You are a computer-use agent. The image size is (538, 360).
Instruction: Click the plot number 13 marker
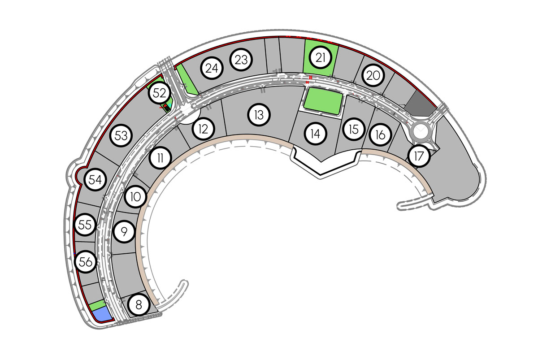point(259,115)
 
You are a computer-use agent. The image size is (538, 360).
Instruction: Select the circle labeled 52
point(160,93)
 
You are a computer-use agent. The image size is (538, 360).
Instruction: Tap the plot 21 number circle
point(321,58)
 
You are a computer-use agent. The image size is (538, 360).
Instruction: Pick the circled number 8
point(139,305)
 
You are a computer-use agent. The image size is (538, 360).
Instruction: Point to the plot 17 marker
point(419,156)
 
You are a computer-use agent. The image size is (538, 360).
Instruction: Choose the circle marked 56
point(86,261)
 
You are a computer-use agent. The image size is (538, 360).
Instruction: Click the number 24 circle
point(212,68)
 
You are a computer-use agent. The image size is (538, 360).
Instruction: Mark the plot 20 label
point(373,75)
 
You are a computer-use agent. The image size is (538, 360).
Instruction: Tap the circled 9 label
point(124,232)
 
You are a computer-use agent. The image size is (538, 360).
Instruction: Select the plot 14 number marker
point(315,134)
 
